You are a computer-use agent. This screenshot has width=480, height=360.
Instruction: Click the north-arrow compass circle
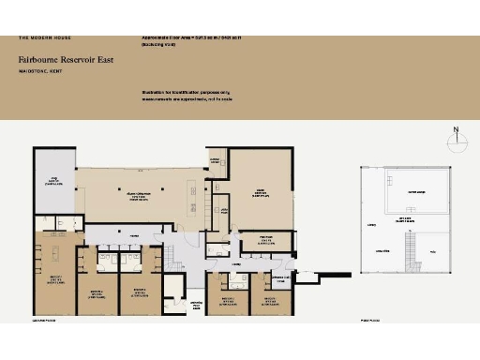[x=455, y=143]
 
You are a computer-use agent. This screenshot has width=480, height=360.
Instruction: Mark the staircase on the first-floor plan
[x=410, y=248]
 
